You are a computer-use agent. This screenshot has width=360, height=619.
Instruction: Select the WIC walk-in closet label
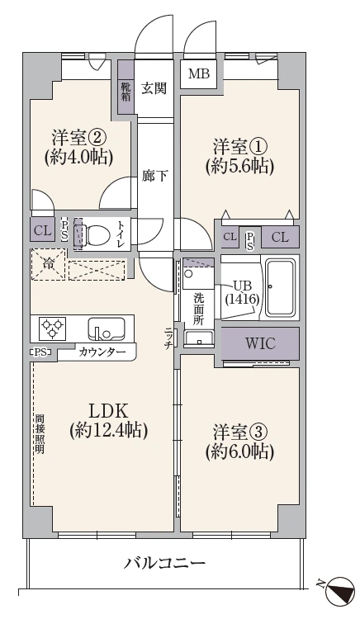[259, 342]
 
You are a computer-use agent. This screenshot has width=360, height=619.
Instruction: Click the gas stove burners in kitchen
[52, 329]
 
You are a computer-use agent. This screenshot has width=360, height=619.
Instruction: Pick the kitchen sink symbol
[107, 329]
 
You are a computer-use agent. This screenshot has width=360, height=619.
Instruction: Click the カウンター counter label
[103, 352]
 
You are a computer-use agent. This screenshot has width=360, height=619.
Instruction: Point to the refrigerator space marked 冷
[48, 265]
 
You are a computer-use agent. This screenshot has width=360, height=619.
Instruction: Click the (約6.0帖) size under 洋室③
[239, 451]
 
